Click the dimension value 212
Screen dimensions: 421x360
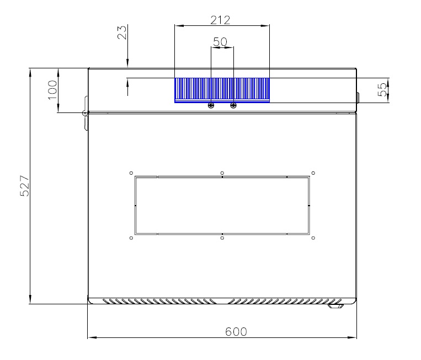pos(220,20)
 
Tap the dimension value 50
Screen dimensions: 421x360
pos(220,41)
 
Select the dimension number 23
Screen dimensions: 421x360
pos(122,33)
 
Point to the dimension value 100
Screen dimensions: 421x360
pos(52,90)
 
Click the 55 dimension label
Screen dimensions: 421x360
pos(382,90)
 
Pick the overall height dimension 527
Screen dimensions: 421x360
pos(25,186)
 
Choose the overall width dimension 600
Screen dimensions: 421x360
pos(236,332)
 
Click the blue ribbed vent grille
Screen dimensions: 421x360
pos(222,90)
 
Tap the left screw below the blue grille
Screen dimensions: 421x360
pos(211,105)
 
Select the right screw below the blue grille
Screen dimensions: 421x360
pos(233,105)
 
